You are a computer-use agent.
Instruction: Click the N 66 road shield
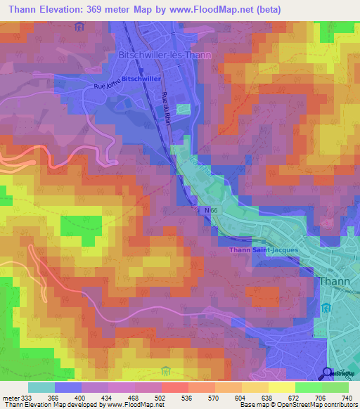204,209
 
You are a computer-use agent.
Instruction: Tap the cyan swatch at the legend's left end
41,387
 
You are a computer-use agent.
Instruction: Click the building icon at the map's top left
79,27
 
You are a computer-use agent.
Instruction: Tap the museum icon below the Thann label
326,309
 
